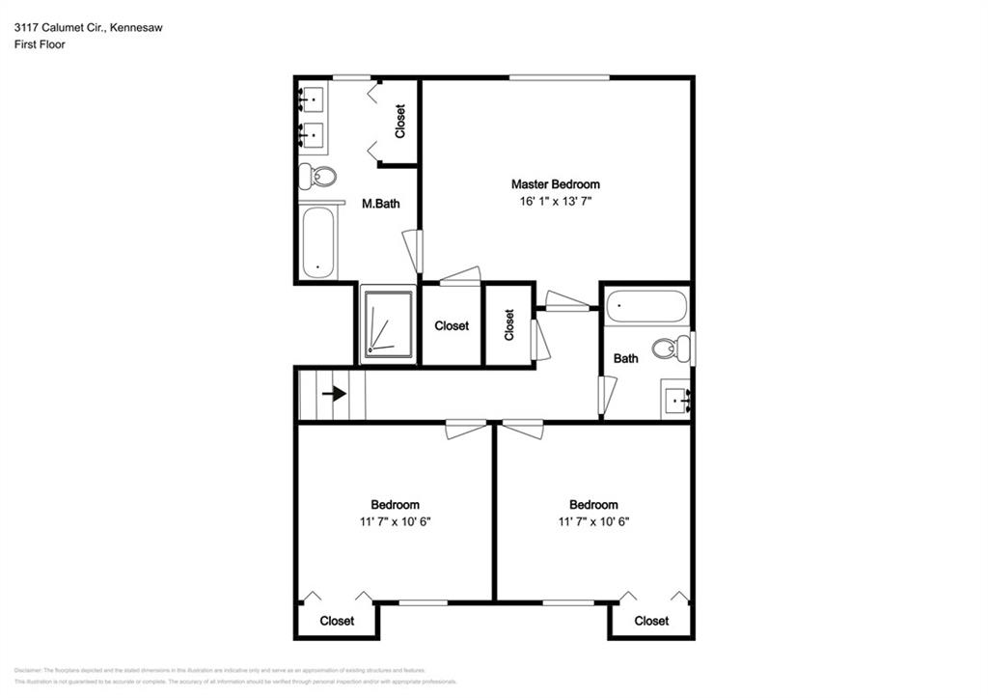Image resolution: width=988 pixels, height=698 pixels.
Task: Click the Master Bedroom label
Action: point(555,183)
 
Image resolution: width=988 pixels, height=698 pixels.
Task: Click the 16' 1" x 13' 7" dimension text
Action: point(555,202)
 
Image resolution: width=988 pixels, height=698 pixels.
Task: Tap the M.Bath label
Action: point(380,204)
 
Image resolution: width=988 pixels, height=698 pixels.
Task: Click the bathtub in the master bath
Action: point(316,242)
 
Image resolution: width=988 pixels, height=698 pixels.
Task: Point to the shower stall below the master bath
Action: point(387,324)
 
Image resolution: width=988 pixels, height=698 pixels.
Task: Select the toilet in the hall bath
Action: point(671,347)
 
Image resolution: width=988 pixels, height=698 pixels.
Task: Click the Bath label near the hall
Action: point(626,359)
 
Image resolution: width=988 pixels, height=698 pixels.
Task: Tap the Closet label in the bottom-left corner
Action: point(337,621)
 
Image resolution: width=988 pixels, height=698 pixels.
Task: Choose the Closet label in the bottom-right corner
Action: point(651,621)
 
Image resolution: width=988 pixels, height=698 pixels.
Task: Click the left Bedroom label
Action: point(395,505)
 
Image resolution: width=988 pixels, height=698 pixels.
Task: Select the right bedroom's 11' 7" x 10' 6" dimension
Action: point(593,522)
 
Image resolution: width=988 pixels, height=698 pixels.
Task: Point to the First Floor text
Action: point(40,44)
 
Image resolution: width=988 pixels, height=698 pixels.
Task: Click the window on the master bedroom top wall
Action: point(560,77)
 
